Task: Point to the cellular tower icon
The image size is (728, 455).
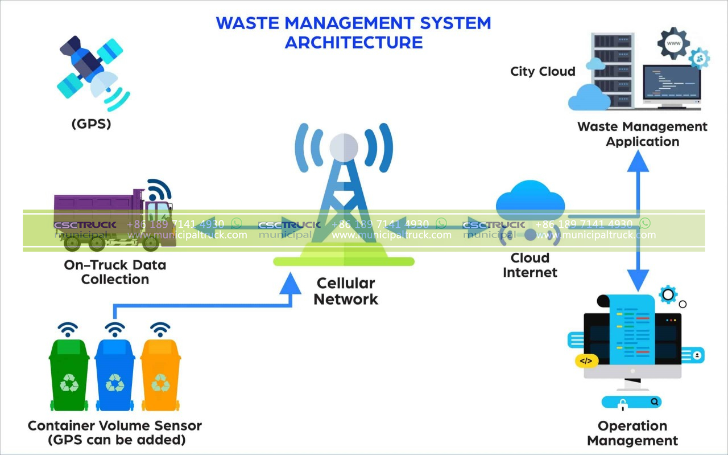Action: [344, 194]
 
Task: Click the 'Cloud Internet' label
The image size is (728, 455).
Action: [530, 265]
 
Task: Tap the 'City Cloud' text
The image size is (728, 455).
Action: [543, 71]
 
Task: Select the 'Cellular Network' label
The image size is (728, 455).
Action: [346, 291]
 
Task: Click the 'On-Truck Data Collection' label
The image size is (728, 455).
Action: [115, 272]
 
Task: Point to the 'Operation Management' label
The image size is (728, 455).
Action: [632, 433]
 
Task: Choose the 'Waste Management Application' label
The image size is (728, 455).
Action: [642, 134]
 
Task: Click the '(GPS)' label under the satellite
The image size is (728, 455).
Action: [91, 123]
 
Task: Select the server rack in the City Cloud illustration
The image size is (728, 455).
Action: [613, 68]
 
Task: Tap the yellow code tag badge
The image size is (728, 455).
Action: [586, 360]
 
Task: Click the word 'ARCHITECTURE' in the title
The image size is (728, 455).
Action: [353, 42]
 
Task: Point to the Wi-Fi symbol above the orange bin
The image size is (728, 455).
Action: [160, 329]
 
